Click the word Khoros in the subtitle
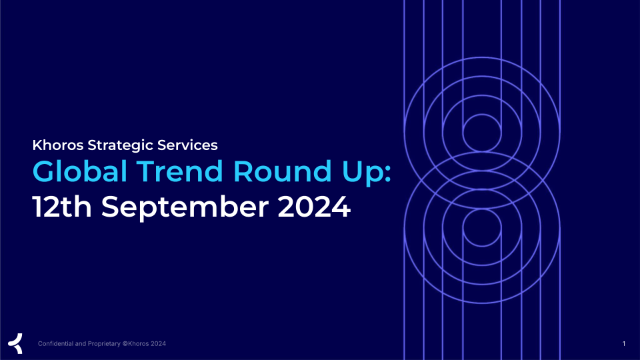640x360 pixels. click(x=58, y=145)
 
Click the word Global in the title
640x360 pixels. click(x=80, y=171)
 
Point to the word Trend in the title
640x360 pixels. click(x=179, y=171)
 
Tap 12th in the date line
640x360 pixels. click(x=62, y=207)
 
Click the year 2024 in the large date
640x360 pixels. click(x=314, y=207)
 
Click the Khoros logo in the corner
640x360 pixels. click(x=15, y=343)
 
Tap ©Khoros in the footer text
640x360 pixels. click(x=135, y=344)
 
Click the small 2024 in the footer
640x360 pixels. click(x=159, y=344)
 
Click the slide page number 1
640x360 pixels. click(x=624, y=344)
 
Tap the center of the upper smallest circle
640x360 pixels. click(x=482, y=133)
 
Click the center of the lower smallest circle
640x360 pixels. click(x=482, y=227)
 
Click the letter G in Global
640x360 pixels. click(x=44, y=171)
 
